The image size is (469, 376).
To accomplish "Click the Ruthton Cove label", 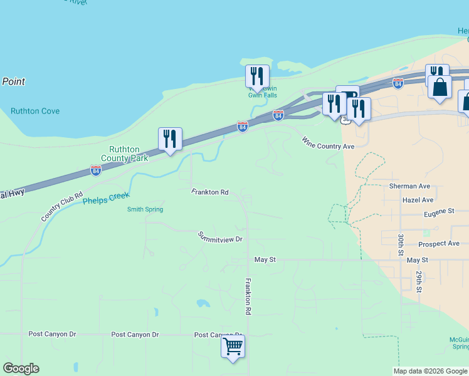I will point(35,111).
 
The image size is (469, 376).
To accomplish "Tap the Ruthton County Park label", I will point(129,154).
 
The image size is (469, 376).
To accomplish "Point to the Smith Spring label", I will point(145,209).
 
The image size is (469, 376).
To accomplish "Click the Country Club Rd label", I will point(62,206).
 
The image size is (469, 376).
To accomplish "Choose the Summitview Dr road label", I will point(220,237).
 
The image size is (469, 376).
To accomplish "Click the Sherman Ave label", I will point(409,186).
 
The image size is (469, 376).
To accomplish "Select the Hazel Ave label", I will point(418,200).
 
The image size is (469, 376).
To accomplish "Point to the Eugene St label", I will point(438,212).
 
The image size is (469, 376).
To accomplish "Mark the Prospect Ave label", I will point(439,243).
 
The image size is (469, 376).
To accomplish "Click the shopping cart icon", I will point(233,346).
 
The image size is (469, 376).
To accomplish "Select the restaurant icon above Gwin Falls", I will point(257,76).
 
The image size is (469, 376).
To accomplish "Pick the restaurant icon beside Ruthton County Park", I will point(170,138).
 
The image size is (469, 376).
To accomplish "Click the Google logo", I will point(21,368).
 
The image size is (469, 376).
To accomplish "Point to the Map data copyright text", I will point(430,371).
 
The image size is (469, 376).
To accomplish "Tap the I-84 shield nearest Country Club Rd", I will point(95,170).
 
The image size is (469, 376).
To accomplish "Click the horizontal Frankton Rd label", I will point(210,192).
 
